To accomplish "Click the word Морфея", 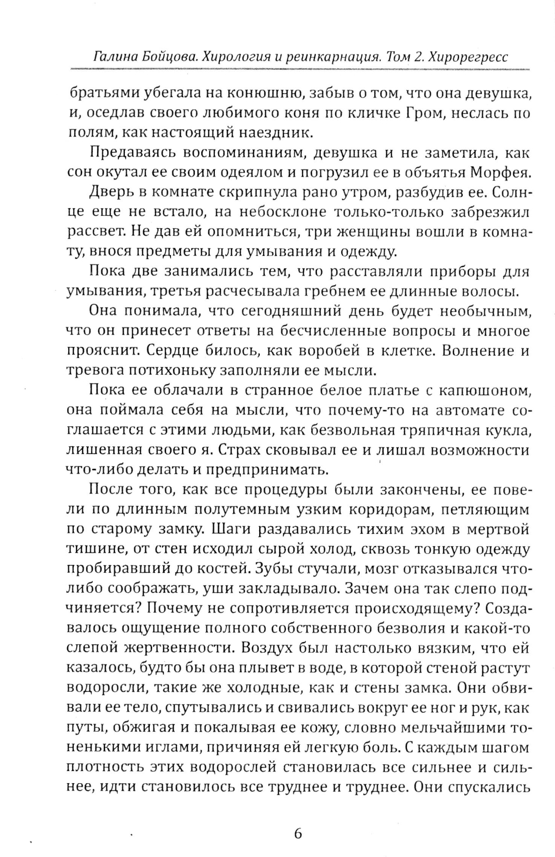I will coord(501,171).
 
